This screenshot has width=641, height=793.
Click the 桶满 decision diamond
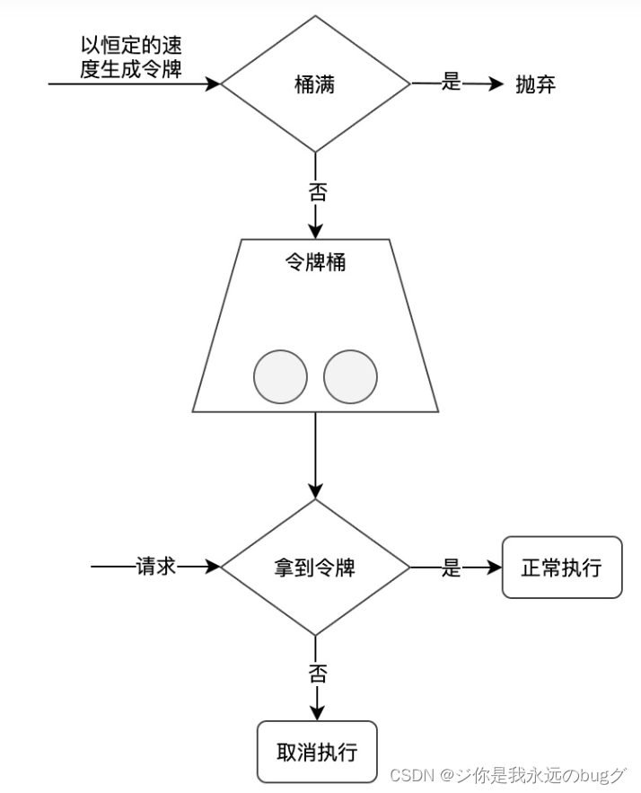coord(315,84)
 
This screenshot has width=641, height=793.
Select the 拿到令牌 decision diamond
coord(315,568)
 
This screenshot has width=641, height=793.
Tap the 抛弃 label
coord(536,84)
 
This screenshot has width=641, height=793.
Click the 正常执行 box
coord(561,568)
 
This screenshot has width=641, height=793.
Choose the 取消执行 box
coord(316,751)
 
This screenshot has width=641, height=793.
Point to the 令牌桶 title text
coord(315,263)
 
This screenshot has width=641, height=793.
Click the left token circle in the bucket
coord(281,376)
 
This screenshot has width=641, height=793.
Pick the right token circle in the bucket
coord(350,376)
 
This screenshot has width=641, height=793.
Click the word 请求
coord(155,567)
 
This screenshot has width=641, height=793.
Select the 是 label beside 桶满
coord(451,84)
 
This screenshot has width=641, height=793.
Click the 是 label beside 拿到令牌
coord(451,568)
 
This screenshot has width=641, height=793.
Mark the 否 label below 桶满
coord(316,190)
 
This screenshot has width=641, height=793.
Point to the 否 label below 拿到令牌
coord(316,673)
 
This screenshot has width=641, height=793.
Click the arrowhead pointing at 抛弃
coord(497,84)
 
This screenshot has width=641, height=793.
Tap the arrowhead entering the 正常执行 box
coord(495,568)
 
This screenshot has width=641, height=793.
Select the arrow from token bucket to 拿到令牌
coord(315,454)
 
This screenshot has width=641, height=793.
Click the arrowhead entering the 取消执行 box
coord(316,713)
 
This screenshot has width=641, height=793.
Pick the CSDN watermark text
coord(507,775)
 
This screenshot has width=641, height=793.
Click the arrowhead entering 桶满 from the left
coord(214,84)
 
